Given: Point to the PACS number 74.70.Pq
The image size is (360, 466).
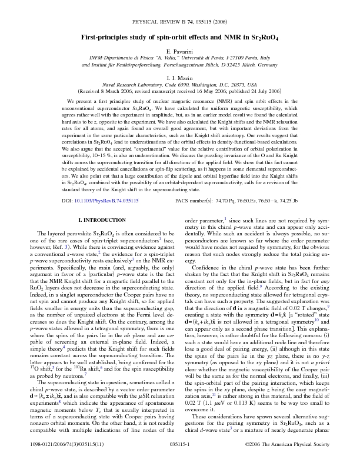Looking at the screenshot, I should tap(228, 201).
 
